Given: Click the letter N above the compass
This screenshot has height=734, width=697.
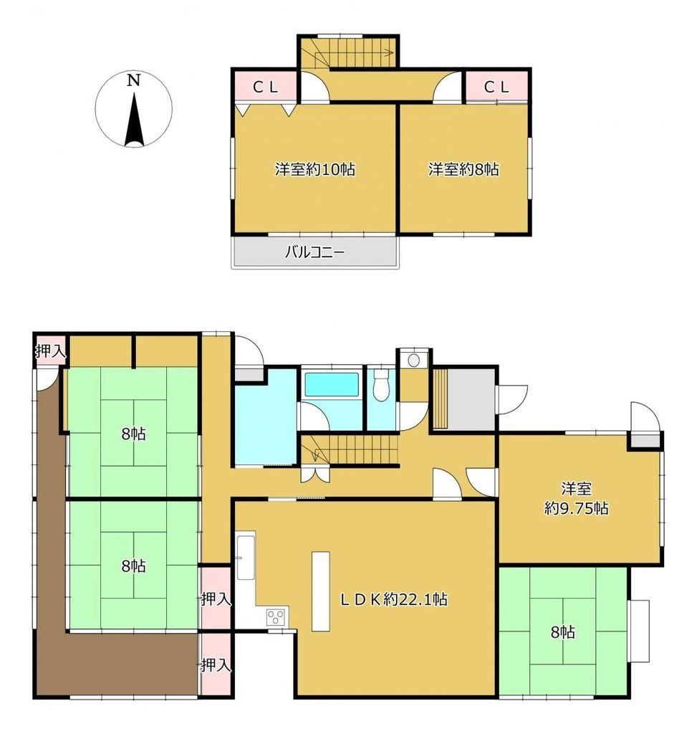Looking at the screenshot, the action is coord(134,81).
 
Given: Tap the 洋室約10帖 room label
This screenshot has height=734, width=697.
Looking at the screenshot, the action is coord(314,169).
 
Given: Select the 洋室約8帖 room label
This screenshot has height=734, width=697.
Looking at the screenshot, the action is coord(463,169).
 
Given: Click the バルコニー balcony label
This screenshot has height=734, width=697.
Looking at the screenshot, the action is coord(315,253).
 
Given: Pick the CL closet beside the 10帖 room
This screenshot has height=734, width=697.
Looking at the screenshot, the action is coord(266,87).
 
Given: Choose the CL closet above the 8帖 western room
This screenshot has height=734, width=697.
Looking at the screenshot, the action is coord(496,87).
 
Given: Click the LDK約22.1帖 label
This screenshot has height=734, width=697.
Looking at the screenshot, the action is coord(394,599).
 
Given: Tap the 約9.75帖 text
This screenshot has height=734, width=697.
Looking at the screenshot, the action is coord(577,508).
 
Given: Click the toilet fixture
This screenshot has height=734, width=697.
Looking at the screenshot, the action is coord(381,385).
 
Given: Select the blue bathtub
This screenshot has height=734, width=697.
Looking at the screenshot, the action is coord(332,385).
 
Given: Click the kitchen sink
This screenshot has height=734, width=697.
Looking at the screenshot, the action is coord(246,556).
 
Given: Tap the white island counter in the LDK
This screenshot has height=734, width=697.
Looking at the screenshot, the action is coord(321,591).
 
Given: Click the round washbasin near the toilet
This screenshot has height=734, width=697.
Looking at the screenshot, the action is coord(413,361).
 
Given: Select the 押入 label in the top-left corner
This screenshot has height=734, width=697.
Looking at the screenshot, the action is coord(51,351).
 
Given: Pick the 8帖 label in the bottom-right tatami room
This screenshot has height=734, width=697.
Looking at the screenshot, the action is coord(563,633).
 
